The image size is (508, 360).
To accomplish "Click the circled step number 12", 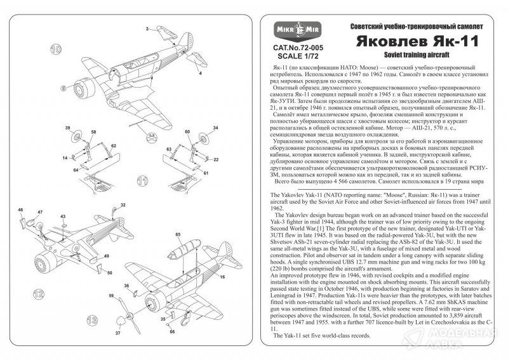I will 39,294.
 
